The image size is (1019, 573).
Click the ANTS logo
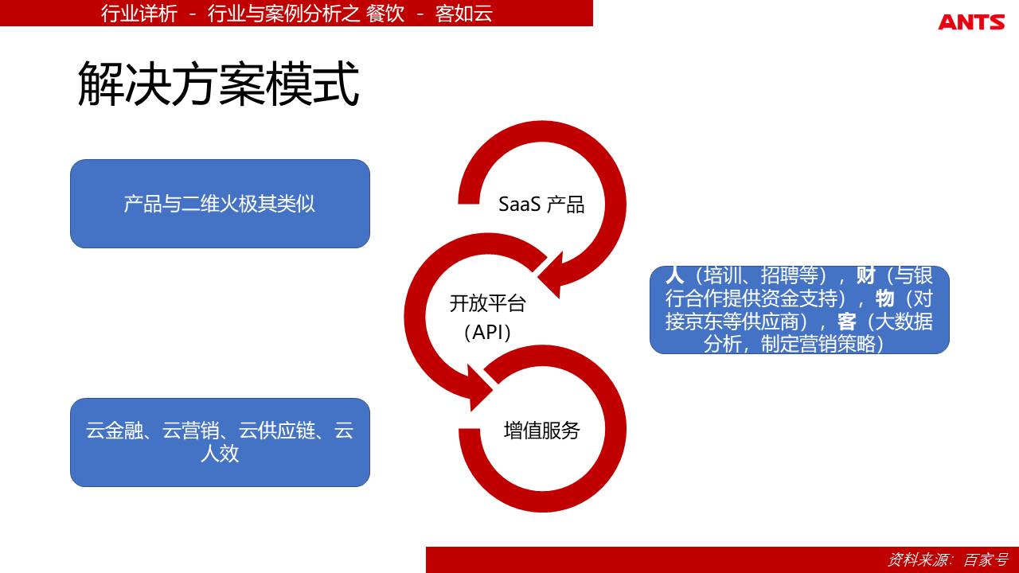pyautogui.click(x=971, y=21)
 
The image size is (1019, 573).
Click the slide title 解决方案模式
pyautogui.click(x=219, y=84)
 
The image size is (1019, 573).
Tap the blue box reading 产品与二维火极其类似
pyautogui.click(x=220, y=204)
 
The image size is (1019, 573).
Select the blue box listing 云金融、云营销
pyautogui.click(x=220, y=442)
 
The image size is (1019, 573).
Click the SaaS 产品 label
pyautogui.click(x=541, y=205)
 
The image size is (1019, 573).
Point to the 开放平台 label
pyautogui.click(x=488, y=303)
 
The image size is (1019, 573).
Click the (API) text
pyautogui.click(x=488, y=333)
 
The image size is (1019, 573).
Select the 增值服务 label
pyautogui.click(x=541, y=431)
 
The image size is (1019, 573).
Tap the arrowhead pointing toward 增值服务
pyautogui.click(x=480, y=388)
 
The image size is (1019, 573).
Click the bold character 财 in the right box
pyautogui.click(x=865, y=275)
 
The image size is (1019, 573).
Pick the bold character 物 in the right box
pyautogui.click(x=884, y=298)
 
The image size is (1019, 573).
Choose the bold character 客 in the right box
pyautogui.click(x=846, y=322)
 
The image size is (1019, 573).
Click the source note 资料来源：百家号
pyautogui.click(x=948, y=559)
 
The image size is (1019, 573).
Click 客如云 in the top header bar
pyautogui.click(x=464, y=14)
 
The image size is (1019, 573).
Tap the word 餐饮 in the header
pyautogui.click(x=385, y=14)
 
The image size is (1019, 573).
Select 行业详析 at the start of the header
pyautogui.click(x=139, y=14)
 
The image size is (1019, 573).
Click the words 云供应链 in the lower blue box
pyautogui.click(x=277, y=431)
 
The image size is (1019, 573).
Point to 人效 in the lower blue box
pyautogui.click(x=220, y=454)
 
